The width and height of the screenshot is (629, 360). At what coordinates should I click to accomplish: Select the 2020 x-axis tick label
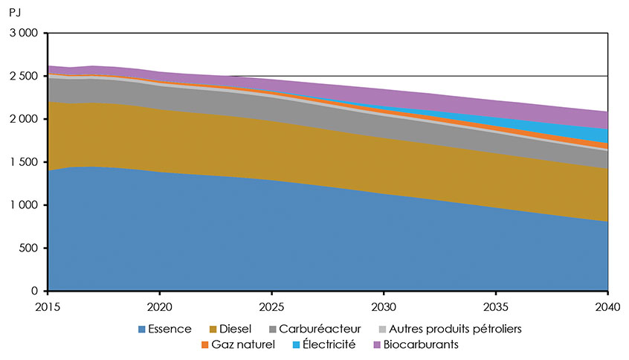coord(160,305)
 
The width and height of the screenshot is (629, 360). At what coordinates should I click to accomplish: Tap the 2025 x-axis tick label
coord(271,305)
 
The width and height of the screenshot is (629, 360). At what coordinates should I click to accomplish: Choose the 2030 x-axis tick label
coord(384,305)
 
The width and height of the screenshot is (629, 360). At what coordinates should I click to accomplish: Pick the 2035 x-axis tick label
coord(496,305)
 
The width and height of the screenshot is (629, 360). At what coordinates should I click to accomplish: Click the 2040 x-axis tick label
coord(607,305)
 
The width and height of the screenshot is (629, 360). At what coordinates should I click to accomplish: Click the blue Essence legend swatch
coord(142,329)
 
